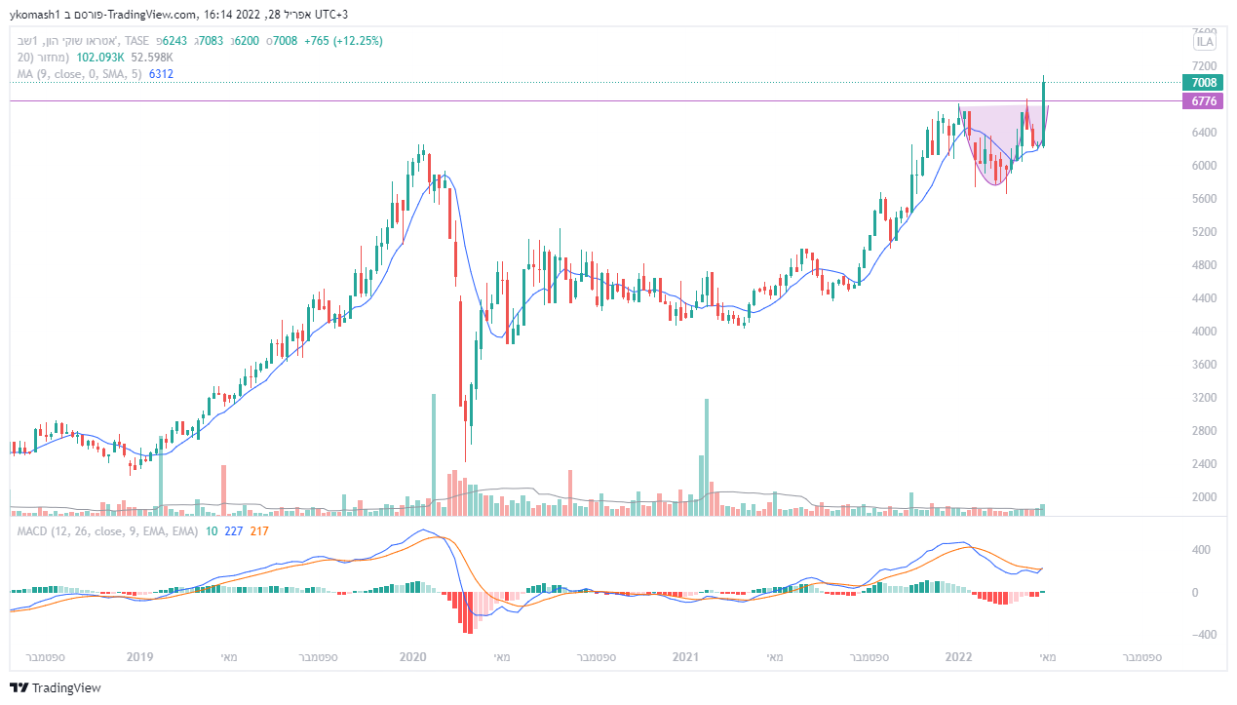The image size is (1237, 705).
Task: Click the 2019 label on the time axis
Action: click(x=140, y=657)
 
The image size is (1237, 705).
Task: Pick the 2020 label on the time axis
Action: click(x=414, y=657)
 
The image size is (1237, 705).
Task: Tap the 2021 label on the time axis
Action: click(x=686, y=657)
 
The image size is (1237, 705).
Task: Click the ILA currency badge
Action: click(x=1205, y=41)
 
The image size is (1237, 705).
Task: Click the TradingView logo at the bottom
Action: click(x=56, y=687)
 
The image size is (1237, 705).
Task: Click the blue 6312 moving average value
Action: click(x=160, y=74)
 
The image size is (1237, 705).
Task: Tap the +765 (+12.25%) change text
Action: click(x=343, y=41)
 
